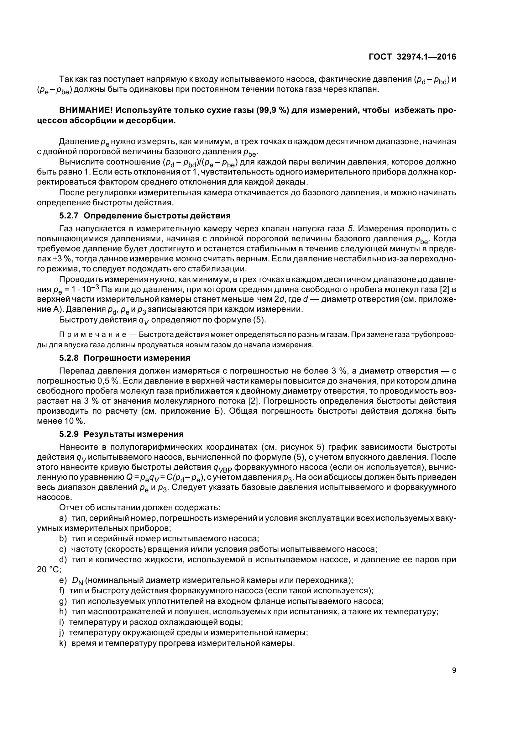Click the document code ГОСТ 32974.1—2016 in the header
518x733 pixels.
click(x=412, y=57)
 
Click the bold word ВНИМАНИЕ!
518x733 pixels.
click(x=86, y=110)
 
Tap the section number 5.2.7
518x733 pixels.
click(x=69, y=216)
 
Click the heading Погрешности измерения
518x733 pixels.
click(x=137, y=358)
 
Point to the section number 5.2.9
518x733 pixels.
click(x=69, y=434)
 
